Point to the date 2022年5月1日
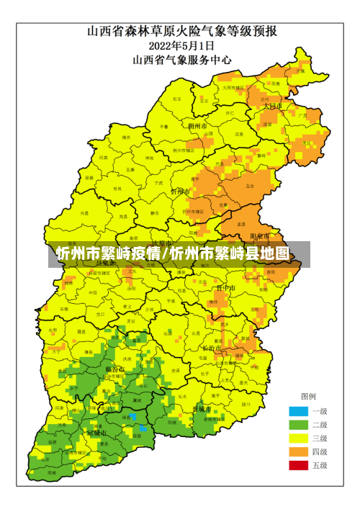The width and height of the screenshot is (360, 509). click(x=179, y=45)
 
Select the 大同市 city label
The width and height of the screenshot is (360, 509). click(x=271, y=106)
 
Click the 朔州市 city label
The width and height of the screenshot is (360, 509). click(x=197, y=126)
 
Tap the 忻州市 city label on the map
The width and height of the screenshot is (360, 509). click(x=180, y=192)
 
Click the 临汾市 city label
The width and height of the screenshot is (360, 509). click(x=115, y=369)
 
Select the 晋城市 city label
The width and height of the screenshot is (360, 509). click(x=202, y=409)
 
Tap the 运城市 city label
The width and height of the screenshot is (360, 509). click(x=96, y=433)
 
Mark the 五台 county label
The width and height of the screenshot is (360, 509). click(x=250, y=186)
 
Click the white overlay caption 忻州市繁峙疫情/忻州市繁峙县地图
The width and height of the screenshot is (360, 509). click(x=173, y=255)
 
